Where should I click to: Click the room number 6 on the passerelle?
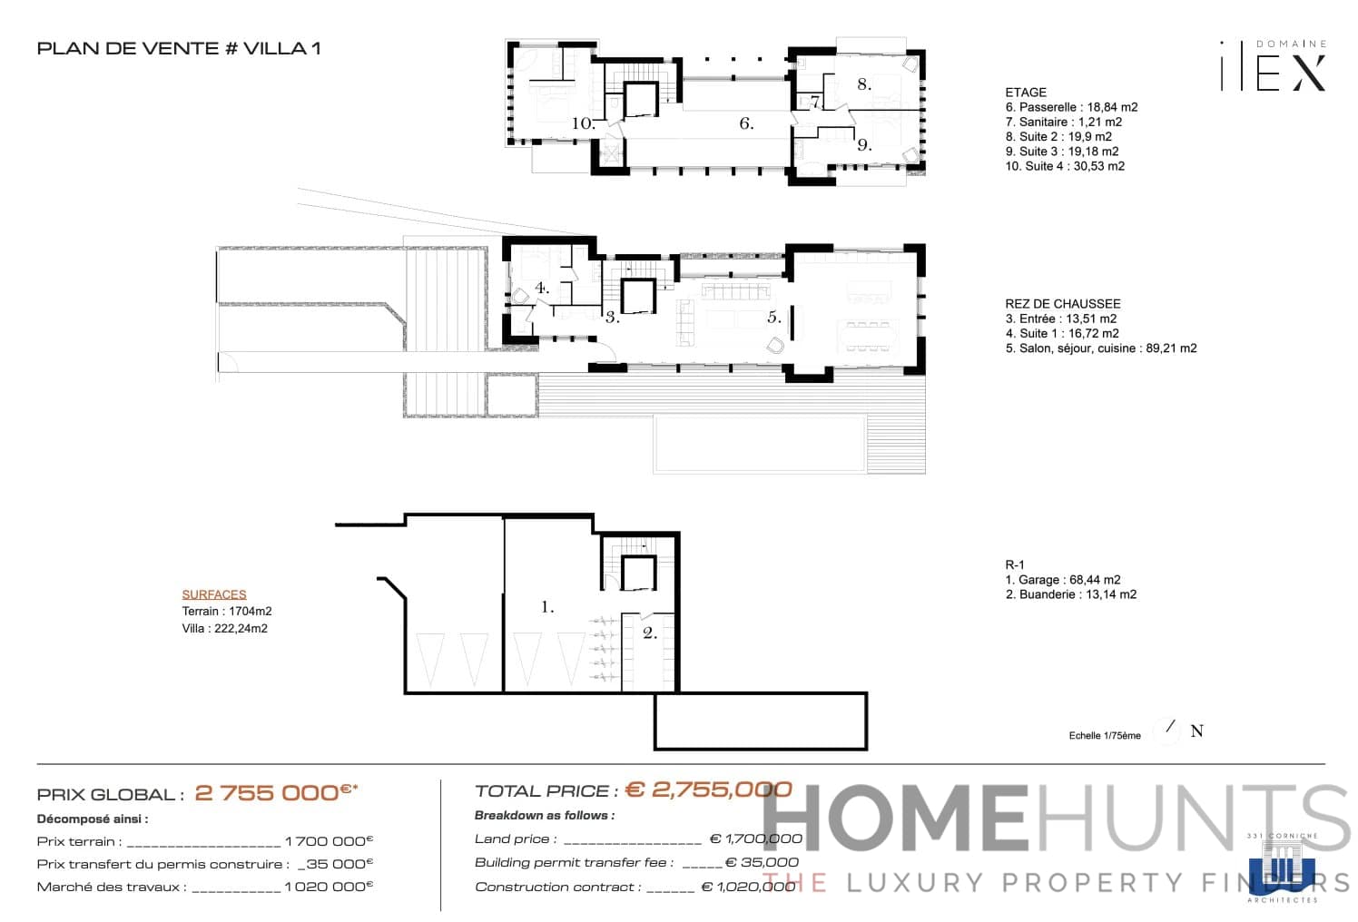[746, 123]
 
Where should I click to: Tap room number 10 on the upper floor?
[583, 123]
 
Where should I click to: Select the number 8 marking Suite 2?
[864, 84]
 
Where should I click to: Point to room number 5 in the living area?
[773, 318]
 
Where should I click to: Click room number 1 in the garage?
[547, 607]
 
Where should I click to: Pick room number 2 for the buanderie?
[650, 633]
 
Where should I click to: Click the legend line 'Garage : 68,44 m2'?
[1063, 580]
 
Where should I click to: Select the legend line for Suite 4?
[1065, 166]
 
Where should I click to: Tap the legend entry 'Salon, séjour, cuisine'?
[1100, 348]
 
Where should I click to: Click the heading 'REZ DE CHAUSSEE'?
[1062, 304]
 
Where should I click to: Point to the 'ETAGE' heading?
[1026, 93]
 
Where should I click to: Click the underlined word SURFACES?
[214, 594]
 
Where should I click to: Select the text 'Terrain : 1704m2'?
[227, 612]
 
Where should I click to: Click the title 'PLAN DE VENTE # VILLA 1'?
[179, 49]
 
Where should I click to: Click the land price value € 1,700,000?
[755, 839]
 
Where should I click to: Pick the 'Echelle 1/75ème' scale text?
[1105, 736]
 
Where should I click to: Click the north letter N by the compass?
[1196, 731]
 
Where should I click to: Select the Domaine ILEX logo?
[1273, 66]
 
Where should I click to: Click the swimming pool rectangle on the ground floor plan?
[759, 443]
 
